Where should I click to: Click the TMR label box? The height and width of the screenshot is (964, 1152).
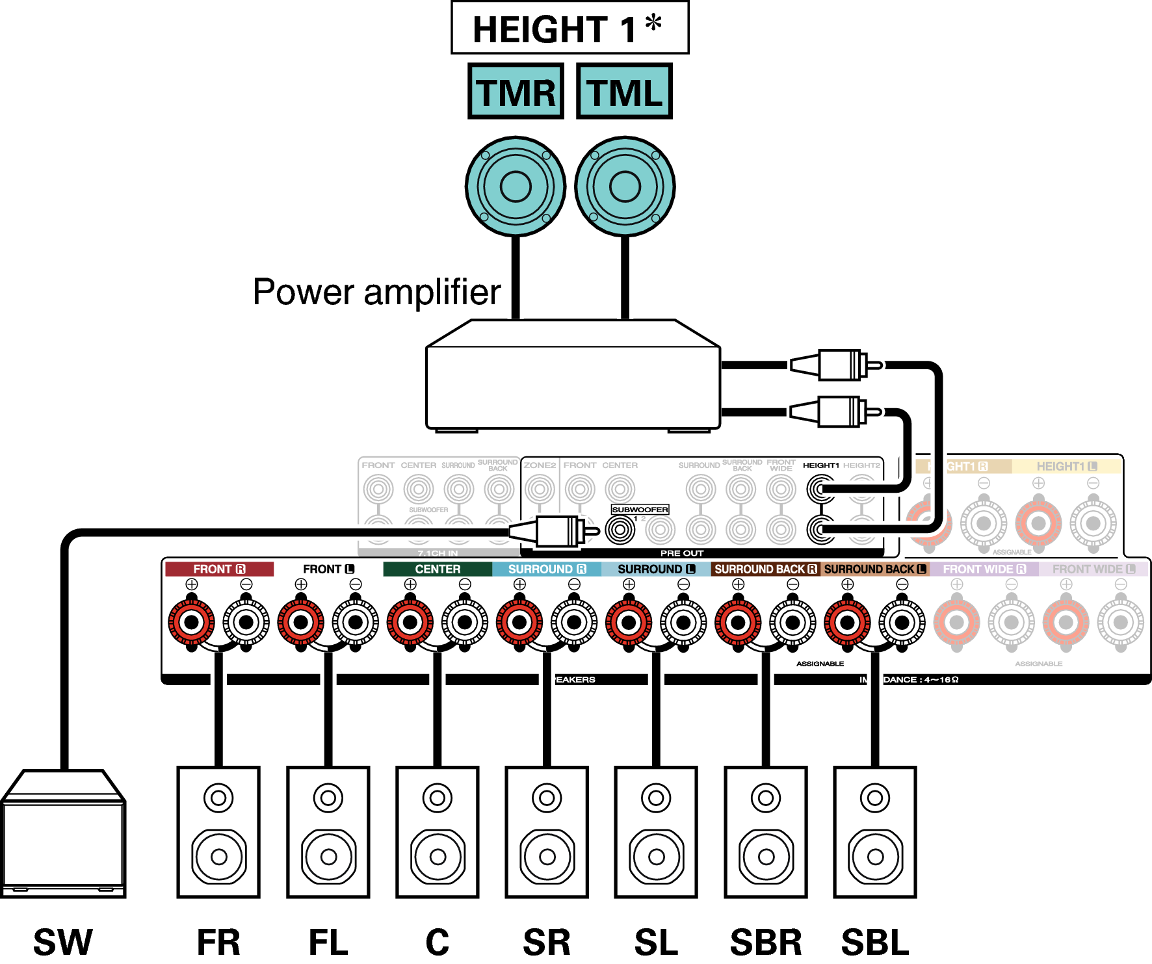(x=516, y=92)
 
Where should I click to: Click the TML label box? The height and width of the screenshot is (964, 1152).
(x=624, y=92)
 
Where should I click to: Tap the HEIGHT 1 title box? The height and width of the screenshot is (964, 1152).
(x=569, y=28)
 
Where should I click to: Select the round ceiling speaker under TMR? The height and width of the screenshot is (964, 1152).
(x=516, y=187)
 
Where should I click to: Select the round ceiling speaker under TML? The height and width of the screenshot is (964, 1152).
(x=625, y=187)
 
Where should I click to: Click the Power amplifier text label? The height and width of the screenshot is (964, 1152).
(x=376, y=292)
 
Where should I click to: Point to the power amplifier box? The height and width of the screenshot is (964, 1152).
(x=572, y=384)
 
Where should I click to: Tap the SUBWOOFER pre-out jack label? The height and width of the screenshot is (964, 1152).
(x=640, y=510)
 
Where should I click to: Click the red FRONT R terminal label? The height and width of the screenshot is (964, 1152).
(x=219, y=569)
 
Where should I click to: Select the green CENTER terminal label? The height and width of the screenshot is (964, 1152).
(x=438, y=569)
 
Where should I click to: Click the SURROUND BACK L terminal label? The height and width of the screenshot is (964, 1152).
(x=874, y=569)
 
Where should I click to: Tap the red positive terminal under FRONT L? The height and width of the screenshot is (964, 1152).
(x=300, y=623)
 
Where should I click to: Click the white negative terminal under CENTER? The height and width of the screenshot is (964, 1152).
(x=465, y=623)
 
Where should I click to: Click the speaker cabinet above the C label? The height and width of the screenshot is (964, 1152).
(x=438, y=832)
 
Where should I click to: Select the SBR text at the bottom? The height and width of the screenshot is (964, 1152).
(x=766, y=942)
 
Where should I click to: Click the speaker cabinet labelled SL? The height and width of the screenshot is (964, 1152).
(x=656, y=832)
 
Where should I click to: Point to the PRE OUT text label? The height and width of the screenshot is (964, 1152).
(x=681, y=553)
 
